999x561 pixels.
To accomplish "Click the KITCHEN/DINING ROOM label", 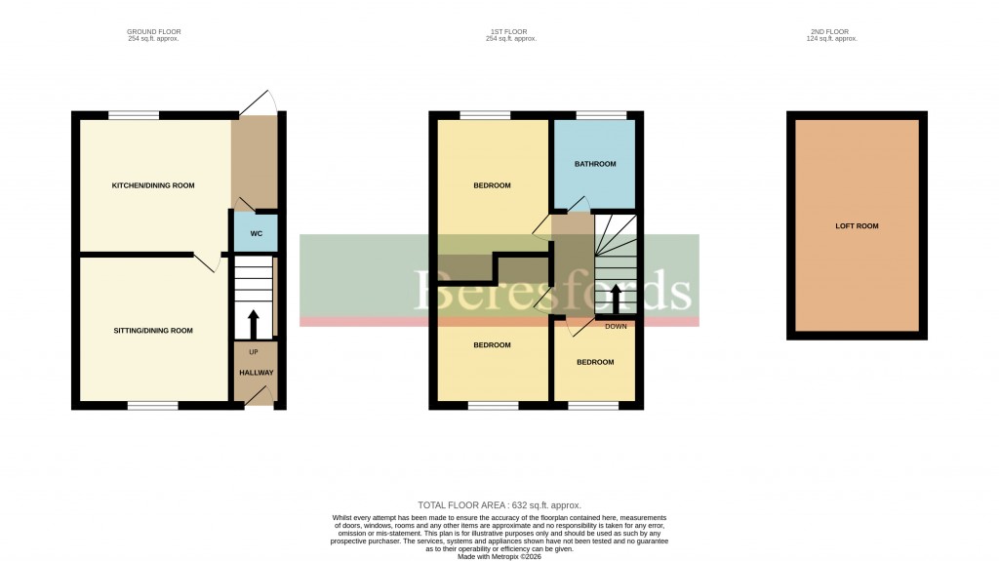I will point(153,185).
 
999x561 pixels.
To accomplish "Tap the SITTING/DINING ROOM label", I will point(152,331).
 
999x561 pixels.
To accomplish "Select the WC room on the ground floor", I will point(256,233).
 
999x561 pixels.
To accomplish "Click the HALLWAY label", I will point(256,373).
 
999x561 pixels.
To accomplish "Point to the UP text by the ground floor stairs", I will point(255,351).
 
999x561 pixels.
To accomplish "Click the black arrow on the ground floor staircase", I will point(255,321).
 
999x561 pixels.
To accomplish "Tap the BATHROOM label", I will point(594,164).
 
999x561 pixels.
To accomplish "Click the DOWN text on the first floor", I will point(616,326).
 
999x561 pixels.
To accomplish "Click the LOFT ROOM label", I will point(857,226).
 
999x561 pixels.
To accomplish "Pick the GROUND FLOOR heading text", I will point(153,32).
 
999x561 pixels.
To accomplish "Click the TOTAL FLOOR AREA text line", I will point(499,505).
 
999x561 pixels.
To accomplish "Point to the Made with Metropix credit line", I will point(499,556).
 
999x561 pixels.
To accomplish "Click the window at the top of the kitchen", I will point(134,115).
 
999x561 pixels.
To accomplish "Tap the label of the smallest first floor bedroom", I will point(594,362).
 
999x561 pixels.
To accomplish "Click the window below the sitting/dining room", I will point(152,405).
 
